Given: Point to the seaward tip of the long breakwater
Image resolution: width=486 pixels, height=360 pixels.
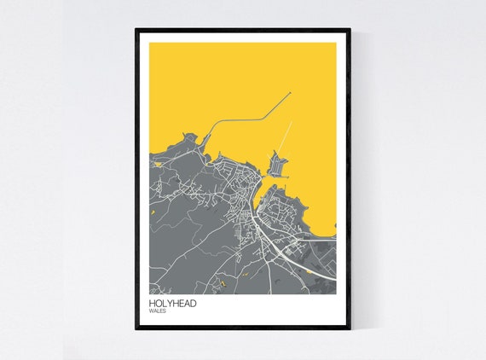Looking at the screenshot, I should coord(290,93).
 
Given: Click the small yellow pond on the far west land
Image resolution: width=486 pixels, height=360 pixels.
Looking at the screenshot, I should coord(153,212).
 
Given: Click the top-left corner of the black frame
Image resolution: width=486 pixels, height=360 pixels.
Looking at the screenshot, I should coord(136,31).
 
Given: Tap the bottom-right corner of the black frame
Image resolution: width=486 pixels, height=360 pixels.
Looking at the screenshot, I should coord(349,328).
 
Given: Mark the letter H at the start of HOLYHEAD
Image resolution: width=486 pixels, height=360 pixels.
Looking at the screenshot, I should coord(151,302).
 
